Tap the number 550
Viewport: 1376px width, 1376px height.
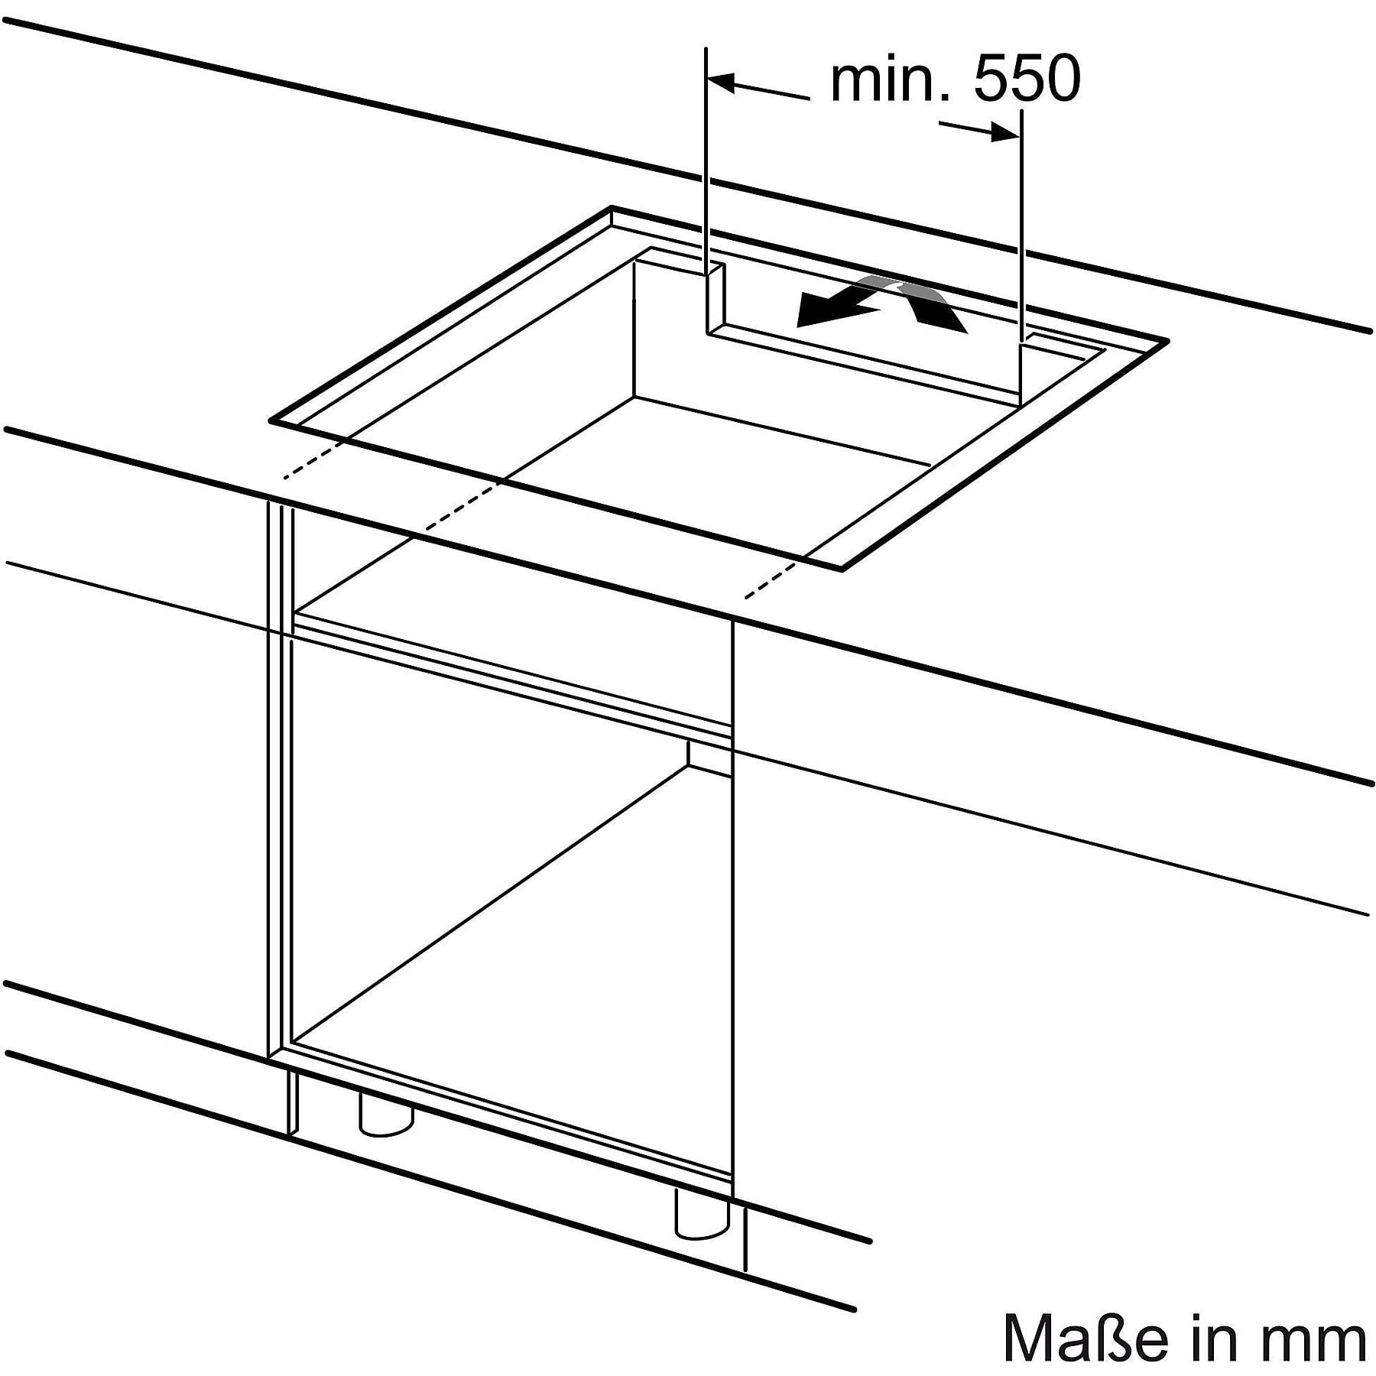[x=1027, y=79]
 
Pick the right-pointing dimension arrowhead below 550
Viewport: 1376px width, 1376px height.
[x=1004, y=134]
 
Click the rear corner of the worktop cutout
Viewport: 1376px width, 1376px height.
[x=612, y=206]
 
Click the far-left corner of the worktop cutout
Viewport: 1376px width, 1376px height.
[x=271, y=420]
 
